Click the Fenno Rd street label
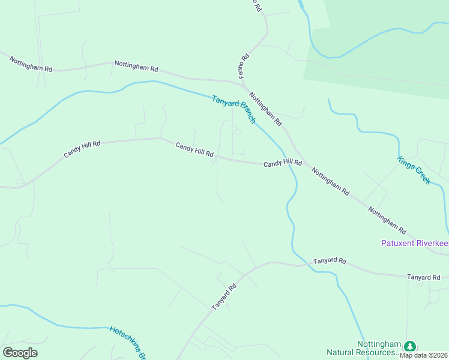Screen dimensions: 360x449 245,65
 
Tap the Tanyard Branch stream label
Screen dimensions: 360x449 234,109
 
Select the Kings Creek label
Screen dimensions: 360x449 414,170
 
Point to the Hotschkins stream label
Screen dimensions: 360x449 128,342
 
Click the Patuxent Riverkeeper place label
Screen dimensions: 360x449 415,243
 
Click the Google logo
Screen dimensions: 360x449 20,353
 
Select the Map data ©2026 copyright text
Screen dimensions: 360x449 424,355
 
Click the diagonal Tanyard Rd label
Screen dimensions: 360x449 224,297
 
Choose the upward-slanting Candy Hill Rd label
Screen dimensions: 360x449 82,149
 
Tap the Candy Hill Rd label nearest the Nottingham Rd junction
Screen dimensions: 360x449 282,163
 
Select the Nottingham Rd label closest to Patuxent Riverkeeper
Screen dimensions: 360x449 387,220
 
